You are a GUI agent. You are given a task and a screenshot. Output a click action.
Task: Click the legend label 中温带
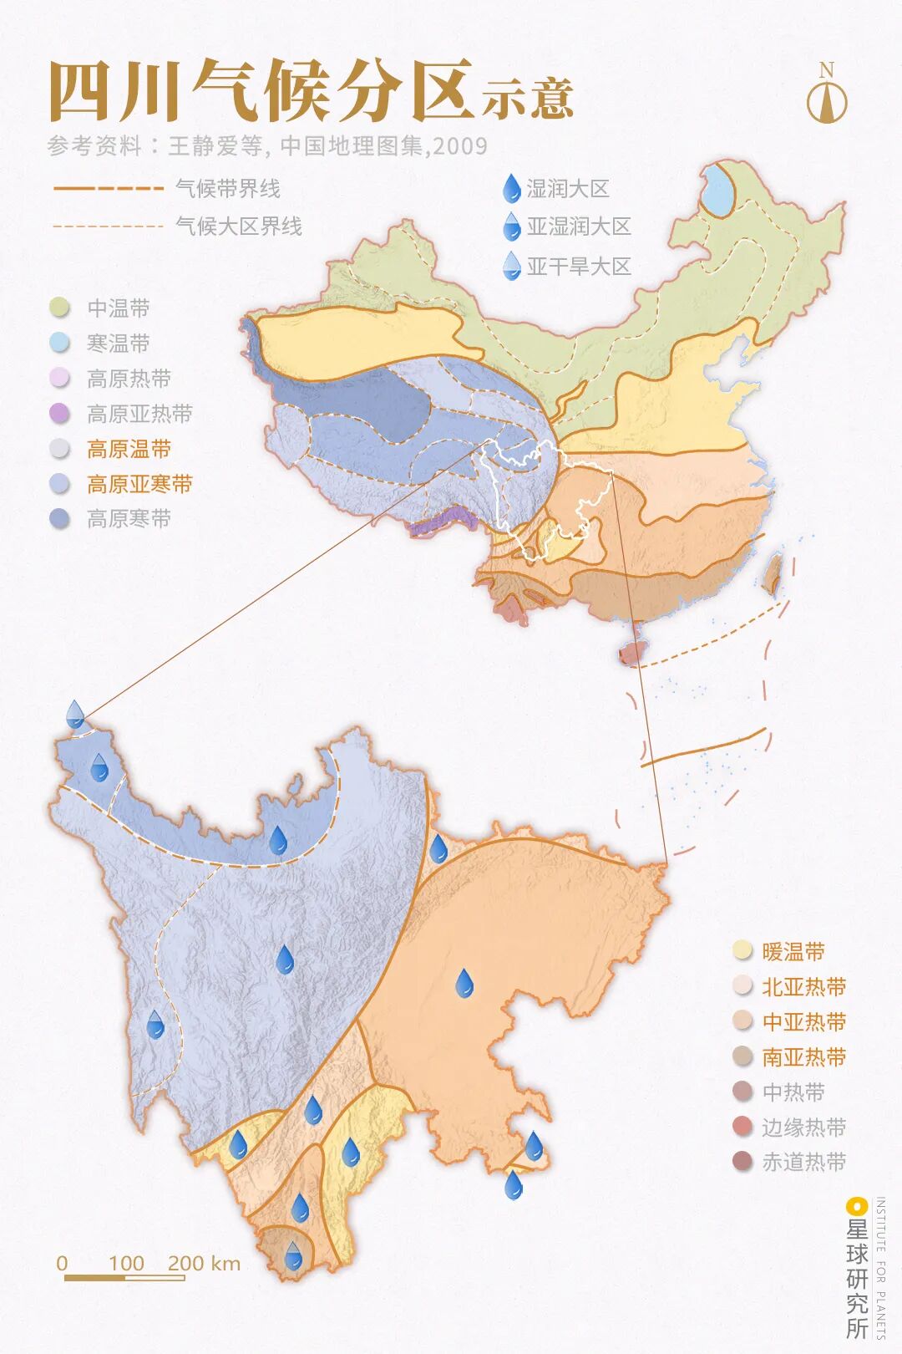pyautogui.click(x=119, y=308)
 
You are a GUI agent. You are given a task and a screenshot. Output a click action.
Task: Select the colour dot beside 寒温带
pyautogui.click(x=59, y=344)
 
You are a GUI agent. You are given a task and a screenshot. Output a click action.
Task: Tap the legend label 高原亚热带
pyautogui.click(x=139, y=414)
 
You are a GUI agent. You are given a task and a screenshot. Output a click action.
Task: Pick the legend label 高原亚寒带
pyautogui.click(x=139, y=484)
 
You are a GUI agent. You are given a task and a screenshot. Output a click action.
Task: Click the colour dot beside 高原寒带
pyautogui.click(x=59, y=519)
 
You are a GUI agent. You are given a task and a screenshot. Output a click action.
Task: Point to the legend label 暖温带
pyautogui.click(x=793, y=951)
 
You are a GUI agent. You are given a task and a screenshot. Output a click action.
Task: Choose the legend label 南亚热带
pyautogui.click(x=803, y=1056)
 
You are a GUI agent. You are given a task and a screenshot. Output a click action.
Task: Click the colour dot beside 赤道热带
pyautogui.click(x=742, y=1162)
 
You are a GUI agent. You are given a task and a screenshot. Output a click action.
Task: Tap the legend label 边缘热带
pyautogui.click(x=803, y=1127)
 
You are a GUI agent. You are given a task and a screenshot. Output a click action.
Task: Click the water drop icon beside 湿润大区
pyautogui.click(x=511, y=190)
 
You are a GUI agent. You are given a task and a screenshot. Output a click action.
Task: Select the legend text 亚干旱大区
pyautogui.click(x=578, y=267)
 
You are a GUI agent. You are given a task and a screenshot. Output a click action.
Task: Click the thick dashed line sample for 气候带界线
pyautogui.click(x=109, y=189)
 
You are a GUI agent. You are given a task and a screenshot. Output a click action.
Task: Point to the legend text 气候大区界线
pyautogui.click(x=239, y=227)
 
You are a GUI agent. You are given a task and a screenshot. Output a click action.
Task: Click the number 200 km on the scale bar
pyautogui.click(x=204, y=1263)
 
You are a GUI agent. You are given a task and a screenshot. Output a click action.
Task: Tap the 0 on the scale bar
pyautogui.click(x=62, y=1263)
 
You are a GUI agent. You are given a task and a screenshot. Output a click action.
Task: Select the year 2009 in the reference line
pyautogui.click(x=460, y=146)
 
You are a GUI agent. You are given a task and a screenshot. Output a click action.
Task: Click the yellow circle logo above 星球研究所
pyautogui.click(x=856, y=1206)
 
